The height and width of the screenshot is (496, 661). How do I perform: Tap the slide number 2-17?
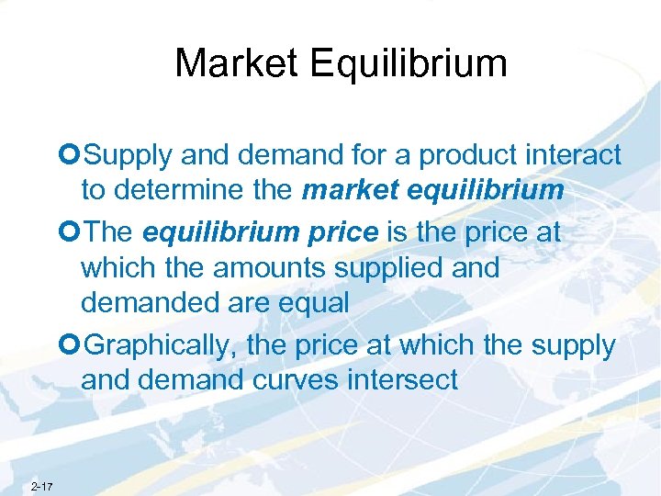click(x=41, y=486)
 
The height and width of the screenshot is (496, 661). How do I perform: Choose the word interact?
click(x=577, y=157)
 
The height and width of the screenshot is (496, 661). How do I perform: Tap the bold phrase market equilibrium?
click(x=431, y=191)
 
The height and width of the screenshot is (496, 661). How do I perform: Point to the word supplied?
click(x=409, y=267)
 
